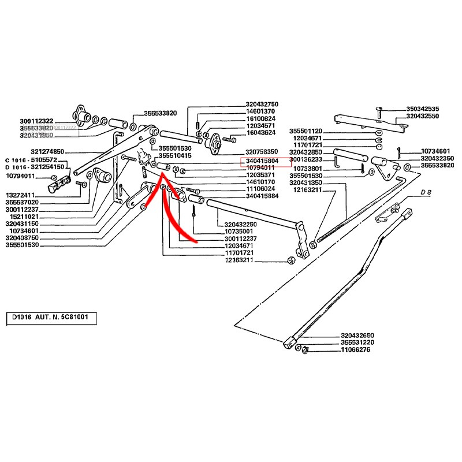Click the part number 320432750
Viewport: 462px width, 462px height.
[262, 104]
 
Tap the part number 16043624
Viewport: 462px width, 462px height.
[262, 132]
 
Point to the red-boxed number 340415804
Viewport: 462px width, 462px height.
[262, 161]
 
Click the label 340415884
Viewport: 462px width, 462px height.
[262, 196]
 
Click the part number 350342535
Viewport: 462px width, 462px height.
[423, 109]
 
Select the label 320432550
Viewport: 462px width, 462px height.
[423, 116]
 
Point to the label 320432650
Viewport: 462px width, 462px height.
[358, 335]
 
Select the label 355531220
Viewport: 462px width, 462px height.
[358, 342]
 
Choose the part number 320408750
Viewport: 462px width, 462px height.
[23, 237]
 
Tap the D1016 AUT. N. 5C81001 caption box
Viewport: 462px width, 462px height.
[51, 318]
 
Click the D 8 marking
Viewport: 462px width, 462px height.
[426, 192]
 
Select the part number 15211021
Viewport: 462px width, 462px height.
[23, 216]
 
